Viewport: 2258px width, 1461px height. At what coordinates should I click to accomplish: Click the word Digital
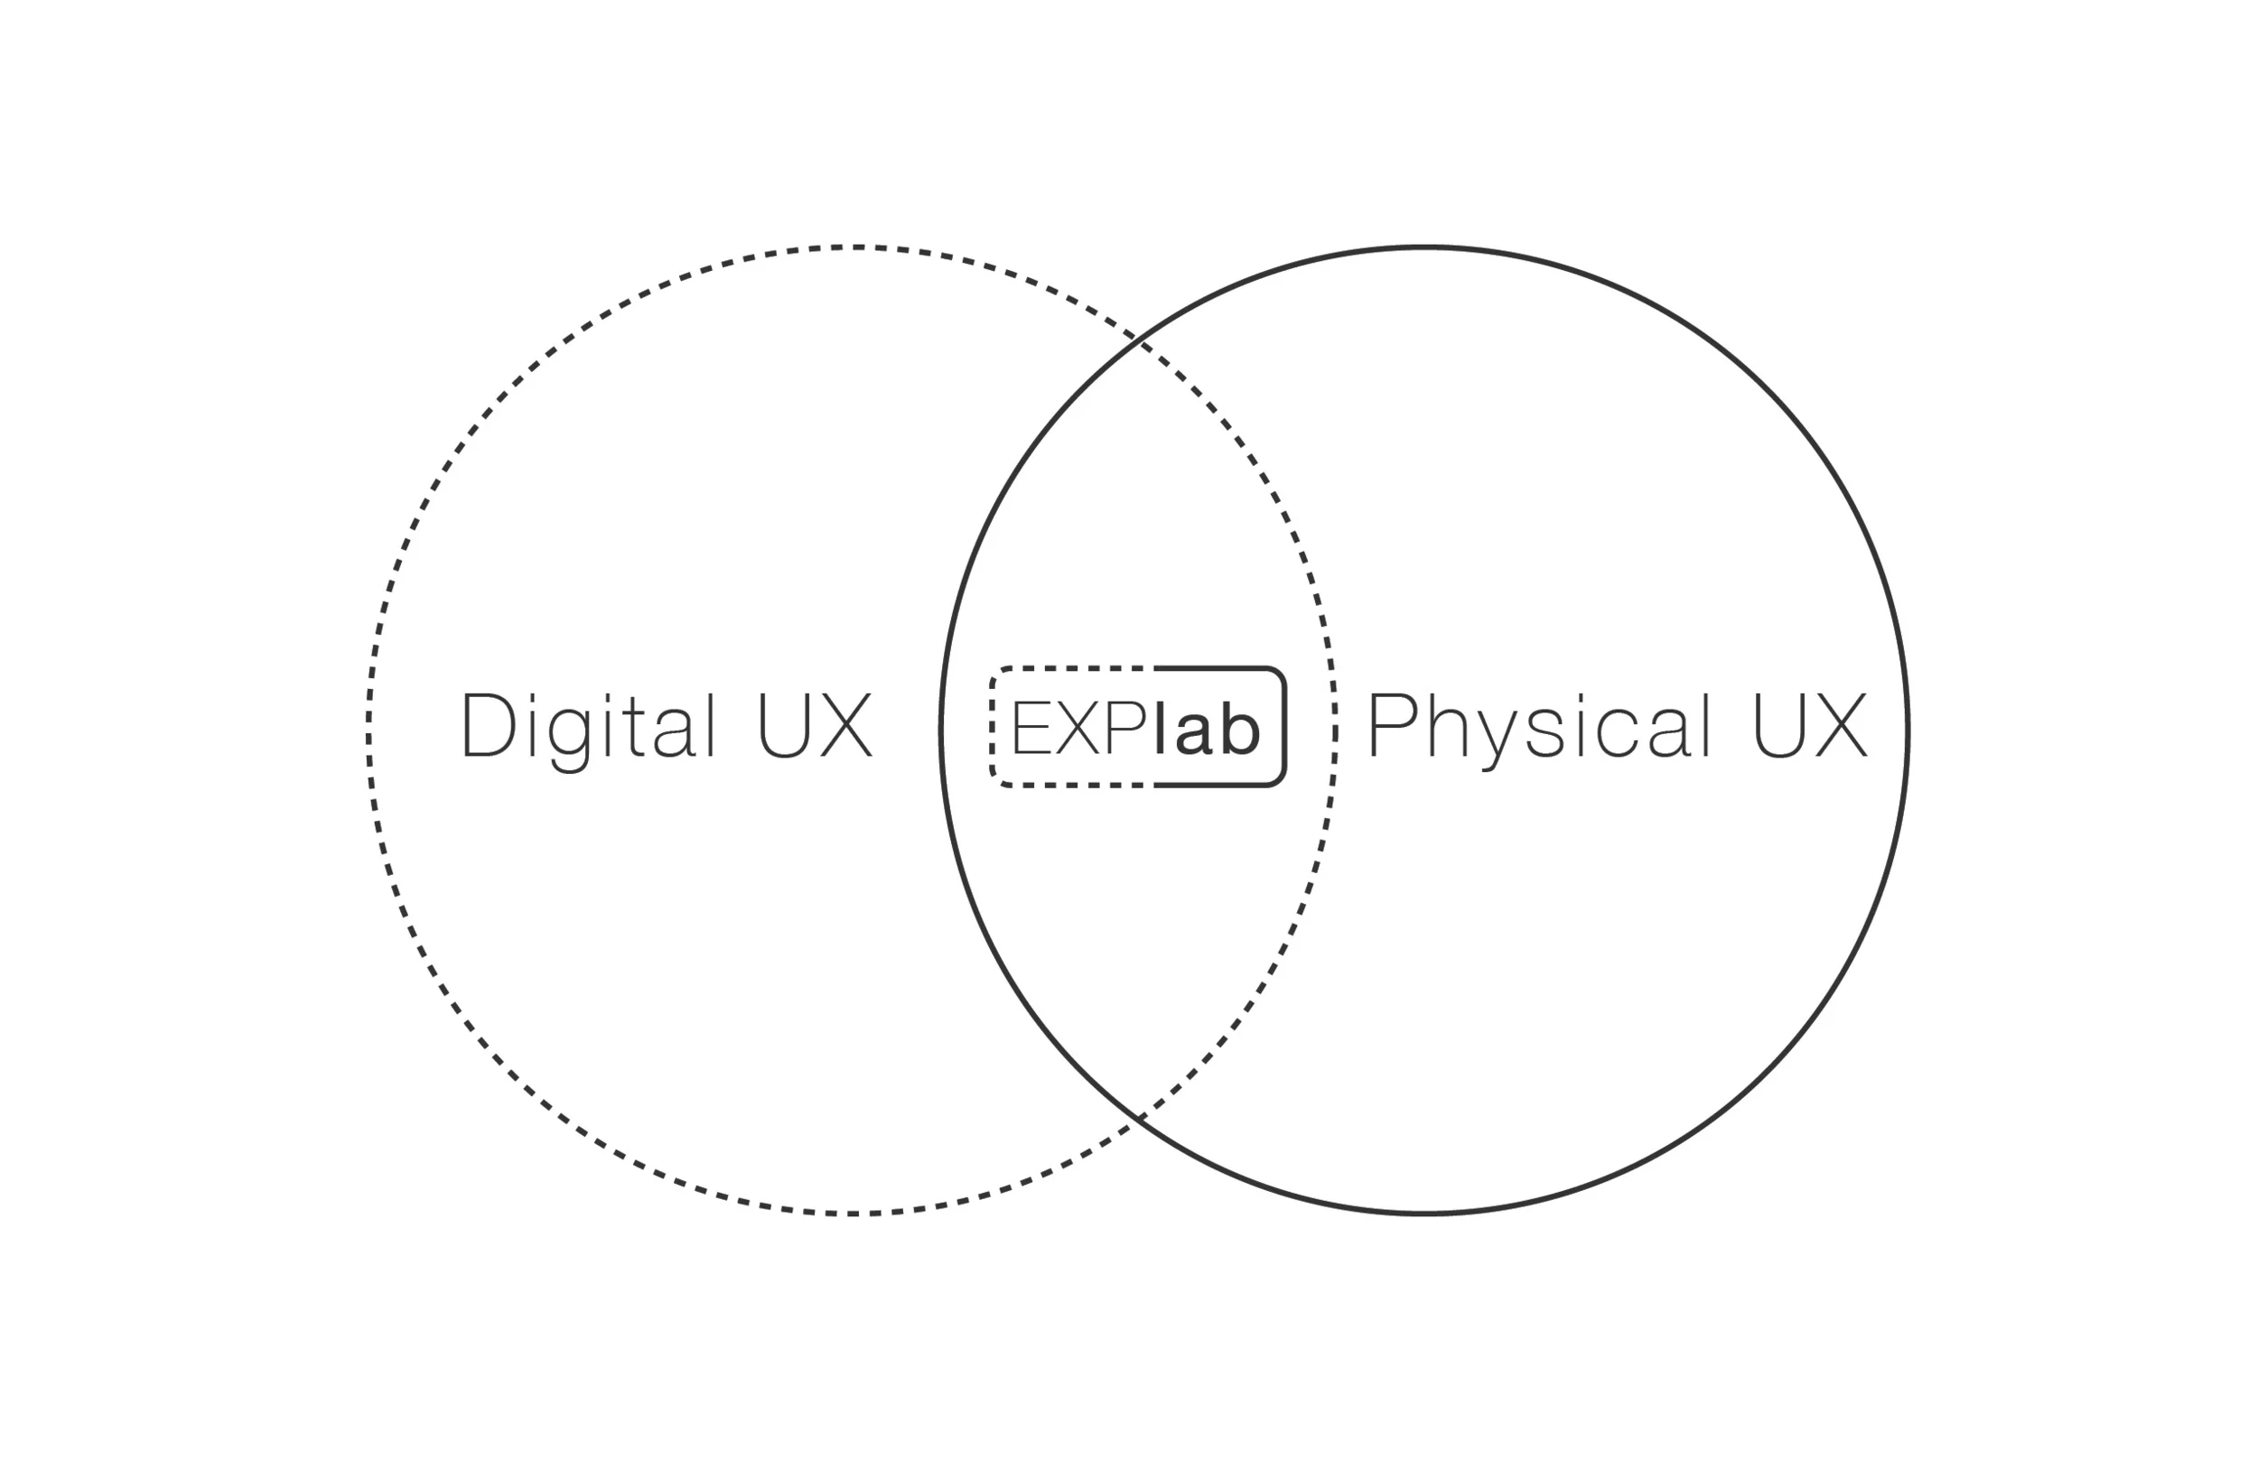(588, 727)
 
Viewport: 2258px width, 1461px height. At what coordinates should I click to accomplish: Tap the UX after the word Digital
(814, 727)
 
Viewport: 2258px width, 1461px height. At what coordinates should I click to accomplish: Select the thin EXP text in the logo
(1079, 730)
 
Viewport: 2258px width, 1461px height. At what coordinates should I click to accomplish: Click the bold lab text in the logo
(1207, 730)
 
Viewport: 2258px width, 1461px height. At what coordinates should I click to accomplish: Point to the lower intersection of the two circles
(1139, 1119)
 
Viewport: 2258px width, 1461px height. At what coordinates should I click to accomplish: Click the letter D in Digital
(488, 727)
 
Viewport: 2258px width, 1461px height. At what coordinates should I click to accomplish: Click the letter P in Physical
(1395, 727)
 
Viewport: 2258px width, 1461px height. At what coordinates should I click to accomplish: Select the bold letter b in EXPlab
(1239, 730)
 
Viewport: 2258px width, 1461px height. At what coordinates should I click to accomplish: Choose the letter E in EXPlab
(1031, 730)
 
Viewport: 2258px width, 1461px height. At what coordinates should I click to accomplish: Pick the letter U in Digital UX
(784, 727)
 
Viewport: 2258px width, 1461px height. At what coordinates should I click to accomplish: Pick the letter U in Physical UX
(1777, 727)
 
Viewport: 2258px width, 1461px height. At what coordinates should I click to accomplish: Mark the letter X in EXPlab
(1078, 730)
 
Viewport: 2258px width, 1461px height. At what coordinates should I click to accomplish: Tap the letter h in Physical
(1449, 727)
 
